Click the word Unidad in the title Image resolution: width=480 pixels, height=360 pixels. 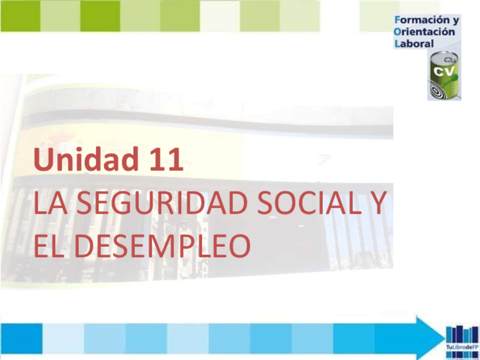click(84, 160)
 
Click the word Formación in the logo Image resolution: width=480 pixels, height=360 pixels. click(423, 21)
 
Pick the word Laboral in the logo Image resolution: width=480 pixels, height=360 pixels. click(414, 43)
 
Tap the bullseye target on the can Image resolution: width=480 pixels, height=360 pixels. click(438, 89)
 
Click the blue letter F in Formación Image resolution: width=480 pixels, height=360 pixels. click(397, 21)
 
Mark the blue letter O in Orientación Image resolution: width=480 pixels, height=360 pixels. click(397, 32)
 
